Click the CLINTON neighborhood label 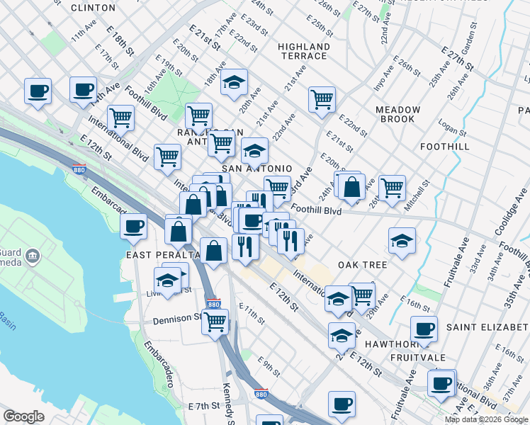point(94,8)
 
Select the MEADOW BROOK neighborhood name point(397,115)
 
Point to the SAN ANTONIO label point(257,169)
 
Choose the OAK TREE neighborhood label point(362,265)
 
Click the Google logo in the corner point(23,416)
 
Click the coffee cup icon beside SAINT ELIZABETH point(424,328)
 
